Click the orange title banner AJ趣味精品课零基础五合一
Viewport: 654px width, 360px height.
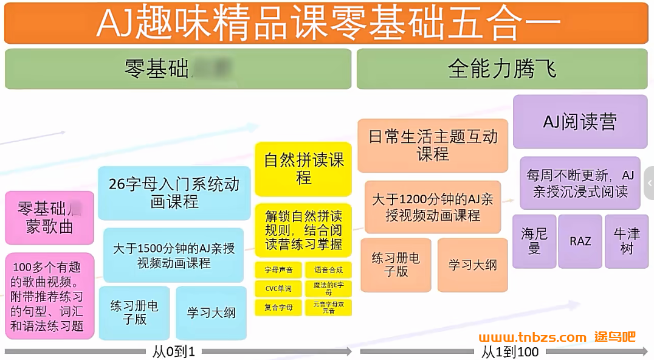[x=327, y=22]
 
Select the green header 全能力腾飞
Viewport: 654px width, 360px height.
[x=502, y=69]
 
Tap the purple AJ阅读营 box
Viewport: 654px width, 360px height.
[x=580, y=122]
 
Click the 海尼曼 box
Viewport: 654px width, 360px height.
[x=534, y=241]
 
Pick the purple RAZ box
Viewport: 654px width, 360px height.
[x=580, y=241]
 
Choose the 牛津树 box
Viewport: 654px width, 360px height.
[x=626, y=241]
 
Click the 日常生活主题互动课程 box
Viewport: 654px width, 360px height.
[x=432, y=145]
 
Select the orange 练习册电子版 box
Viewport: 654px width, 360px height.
[x=396, y=265]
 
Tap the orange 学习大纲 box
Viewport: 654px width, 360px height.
[x=472, y=265]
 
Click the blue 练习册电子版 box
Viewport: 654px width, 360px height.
[x=134, y=313]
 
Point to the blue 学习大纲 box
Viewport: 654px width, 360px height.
[x=211, y=313]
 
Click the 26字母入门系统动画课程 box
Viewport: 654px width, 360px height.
[x=174, y=193]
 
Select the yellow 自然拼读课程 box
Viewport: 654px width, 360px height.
[x=303, y=169]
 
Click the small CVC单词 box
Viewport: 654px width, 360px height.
[x=278, y=289]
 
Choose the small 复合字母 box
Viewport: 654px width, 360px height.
[x=278, y=307]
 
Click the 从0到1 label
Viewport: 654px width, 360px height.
[x=174, y=352]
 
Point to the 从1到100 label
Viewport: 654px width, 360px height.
[x=510, y=352]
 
